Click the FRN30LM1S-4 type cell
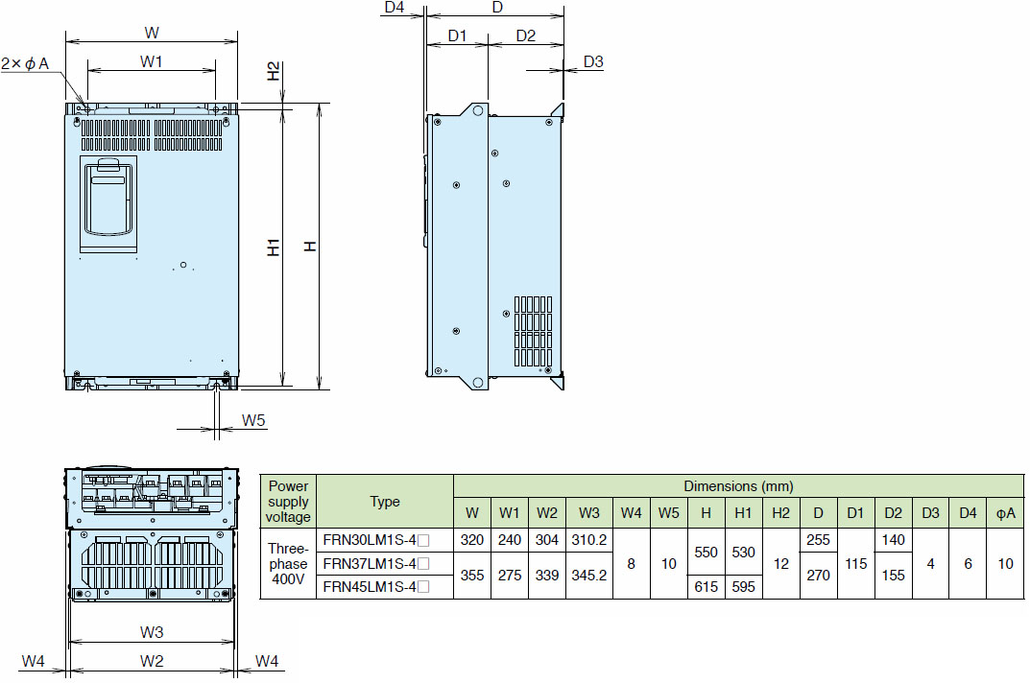tap(375, 540)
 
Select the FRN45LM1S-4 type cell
tap(375, 587)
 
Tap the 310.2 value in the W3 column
tap(589, 540)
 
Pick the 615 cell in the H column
tap(707, 587)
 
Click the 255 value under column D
tap(819, 540)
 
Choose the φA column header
tap(1006, 513)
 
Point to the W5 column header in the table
tap(669, 513)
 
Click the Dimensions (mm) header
tap(738, 486)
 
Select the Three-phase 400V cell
tap(288, 564)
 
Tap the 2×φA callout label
tap(25, 63)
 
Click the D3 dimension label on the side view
tap(593, 61)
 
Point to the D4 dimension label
tap(395, 8)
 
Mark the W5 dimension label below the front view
tap(253, 420)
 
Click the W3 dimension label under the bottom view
tap(152, 632)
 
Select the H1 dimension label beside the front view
tap(274, 247)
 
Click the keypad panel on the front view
tap(109, 204)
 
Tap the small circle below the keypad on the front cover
tap(183, 265)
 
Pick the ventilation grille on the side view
tap(533, 331)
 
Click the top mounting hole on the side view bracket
tap(478, 110)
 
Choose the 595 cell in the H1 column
tap(744, 587)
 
